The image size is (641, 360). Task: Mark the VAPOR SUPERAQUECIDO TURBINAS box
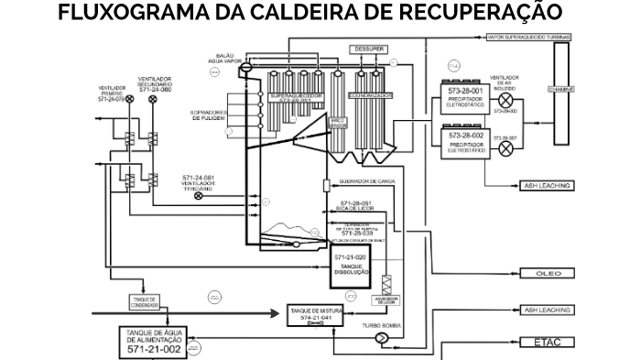[x=529, y=37]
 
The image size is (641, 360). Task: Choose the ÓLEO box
[x=548, y=274]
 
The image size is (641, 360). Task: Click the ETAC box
[x=548, y=343]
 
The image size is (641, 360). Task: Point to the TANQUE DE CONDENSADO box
[x=146, y=301]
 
